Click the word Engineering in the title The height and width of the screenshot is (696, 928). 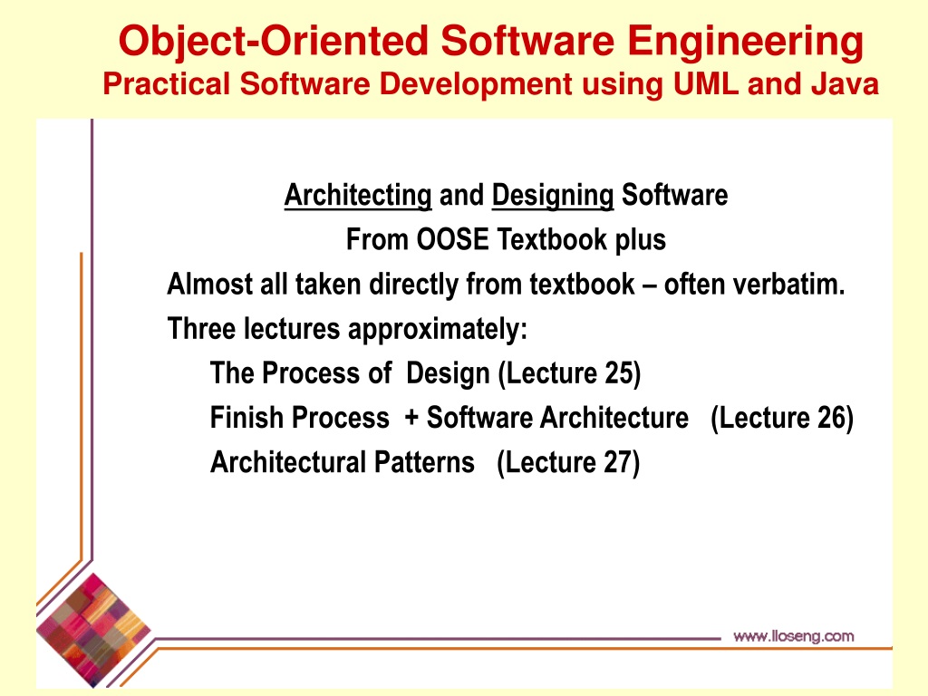745,42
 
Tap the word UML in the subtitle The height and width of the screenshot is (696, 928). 705,83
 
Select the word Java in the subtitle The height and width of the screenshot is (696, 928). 846,83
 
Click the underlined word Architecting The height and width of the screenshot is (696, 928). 358,196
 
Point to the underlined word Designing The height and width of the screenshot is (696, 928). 553,196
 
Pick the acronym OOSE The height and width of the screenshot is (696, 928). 453,239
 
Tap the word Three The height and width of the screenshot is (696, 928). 203,328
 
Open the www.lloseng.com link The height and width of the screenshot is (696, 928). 794,636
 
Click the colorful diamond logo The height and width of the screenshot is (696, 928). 93,630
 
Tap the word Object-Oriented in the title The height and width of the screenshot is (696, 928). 274,43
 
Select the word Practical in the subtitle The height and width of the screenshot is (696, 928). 167,83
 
